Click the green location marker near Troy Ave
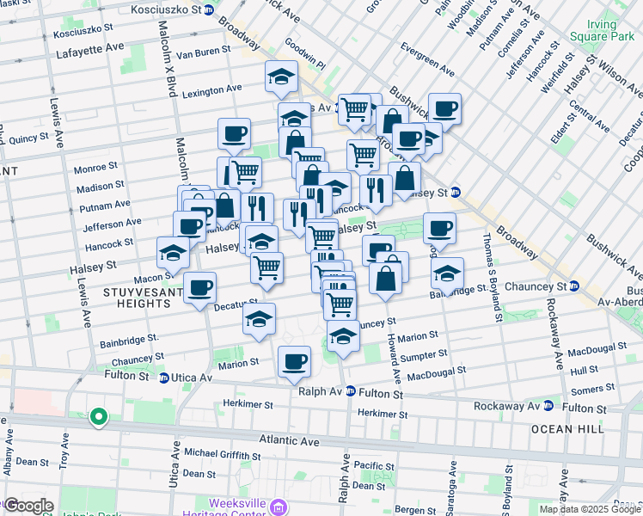pyautogui.click(x=99, y=418)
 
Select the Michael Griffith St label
pyautogui.click(x=222, y=452)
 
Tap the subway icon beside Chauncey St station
pyautogui.click(x=574, y=286)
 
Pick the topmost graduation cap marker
pyautogui.click(x=281, y=78)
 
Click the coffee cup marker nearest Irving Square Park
pyautogui.click(x=444, y=109)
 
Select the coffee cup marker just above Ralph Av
pyautogui.click(x=294, y=362)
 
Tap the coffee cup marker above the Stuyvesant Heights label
pyautogui.click(x=199, y=289)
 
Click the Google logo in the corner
pyautogui.click(x=28, y=506)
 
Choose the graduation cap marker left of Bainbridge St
pyautogui.click(x=446, y=274)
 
